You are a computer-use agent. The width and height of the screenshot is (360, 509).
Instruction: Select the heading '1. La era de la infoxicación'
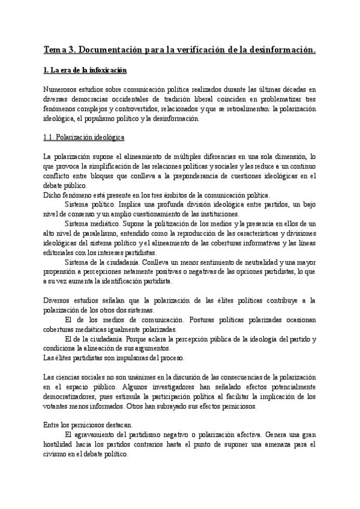pyautogui.click(x=86, y=71)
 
